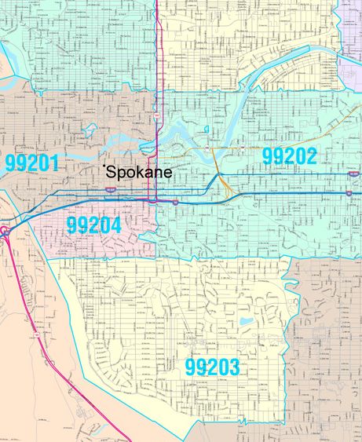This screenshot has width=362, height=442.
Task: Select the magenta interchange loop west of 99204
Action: pyautogui.click(x=5, y=230)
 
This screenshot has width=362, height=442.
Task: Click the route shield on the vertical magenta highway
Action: pyautogui.click(x=157, y=116)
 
